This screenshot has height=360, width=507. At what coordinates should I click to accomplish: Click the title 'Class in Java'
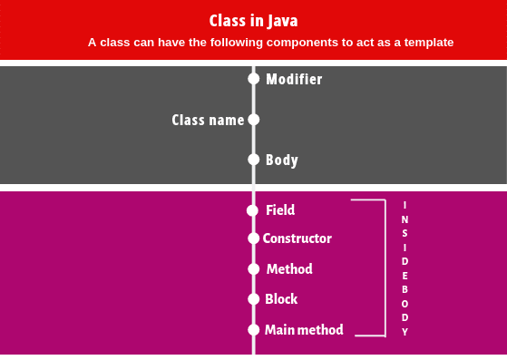[253, 21]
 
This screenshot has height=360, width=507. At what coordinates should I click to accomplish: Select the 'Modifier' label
[294, 80]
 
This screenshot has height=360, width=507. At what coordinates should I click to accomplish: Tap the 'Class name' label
[208, 120]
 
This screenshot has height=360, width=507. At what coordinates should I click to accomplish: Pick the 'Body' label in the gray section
[282, 161]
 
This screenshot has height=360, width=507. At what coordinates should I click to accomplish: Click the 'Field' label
[280, 210]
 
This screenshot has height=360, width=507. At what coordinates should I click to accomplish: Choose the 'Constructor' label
[297, 238]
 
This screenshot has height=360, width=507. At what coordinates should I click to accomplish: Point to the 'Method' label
[289, 269]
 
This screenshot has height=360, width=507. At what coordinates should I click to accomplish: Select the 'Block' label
[281, 299]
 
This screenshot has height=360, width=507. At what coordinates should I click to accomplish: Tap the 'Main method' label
[304, 330]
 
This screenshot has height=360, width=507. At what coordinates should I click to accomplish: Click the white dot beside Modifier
[254, 79]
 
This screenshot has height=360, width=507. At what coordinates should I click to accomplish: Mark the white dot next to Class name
[254, 119]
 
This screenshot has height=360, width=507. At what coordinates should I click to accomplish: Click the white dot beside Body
[254, 160]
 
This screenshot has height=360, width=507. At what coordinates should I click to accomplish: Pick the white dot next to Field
[252, 210]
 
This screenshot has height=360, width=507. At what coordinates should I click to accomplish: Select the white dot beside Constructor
[254, 238]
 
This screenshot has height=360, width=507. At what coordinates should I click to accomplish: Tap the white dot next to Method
[254, 269]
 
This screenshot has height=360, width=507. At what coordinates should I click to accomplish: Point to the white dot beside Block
[254, 298]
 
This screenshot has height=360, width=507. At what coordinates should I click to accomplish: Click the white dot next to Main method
[254, 330]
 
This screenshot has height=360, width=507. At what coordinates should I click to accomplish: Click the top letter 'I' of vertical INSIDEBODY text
[405, 205]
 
